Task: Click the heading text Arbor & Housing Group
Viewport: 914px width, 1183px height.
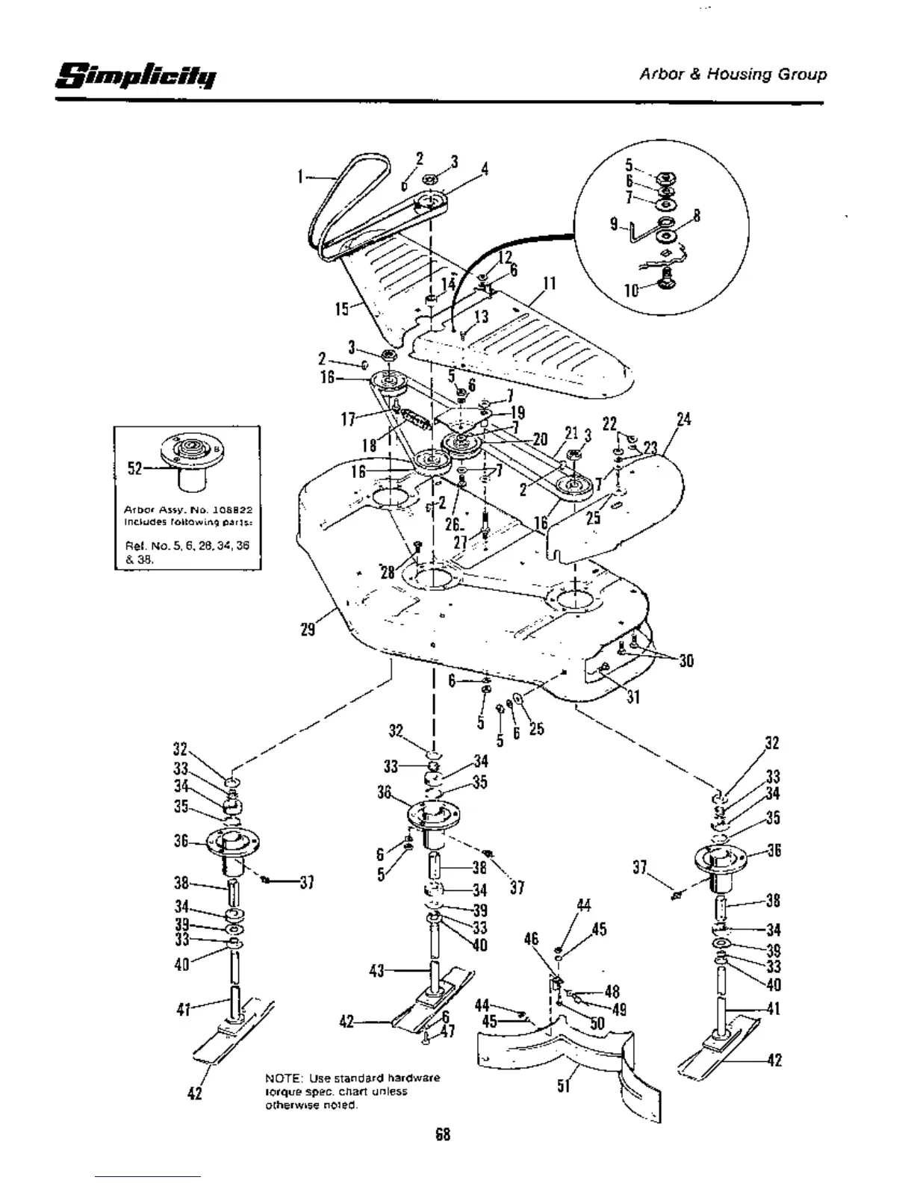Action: click(x=733, y=75)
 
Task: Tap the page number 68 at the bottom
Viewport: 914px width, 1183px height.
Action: click(x=443, y=1134)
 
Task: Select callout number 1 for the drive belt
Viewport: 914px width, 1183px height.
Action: click(x=300, y=177)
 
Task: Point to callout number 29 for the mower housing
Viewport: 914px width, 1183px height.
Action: click(x=308, y=629)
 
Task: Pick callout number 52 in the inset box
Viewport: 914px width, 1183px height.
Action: click(x=134, y=468)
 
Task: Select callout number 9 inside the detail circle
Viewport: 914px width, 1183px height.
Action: click(x=613, y=223)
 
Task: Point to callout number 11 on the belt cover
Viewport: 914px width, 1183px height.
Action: click(x=550, y=284)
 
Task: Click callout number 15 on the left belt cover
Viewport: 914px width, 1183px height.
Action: click(x=342, y=308)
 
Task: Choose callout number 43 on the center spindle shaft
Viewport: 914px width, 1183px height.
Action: click(x=377, y=971)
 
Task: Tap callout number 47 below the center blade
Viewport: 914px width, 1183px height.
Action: click(x=447, y=1031)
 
